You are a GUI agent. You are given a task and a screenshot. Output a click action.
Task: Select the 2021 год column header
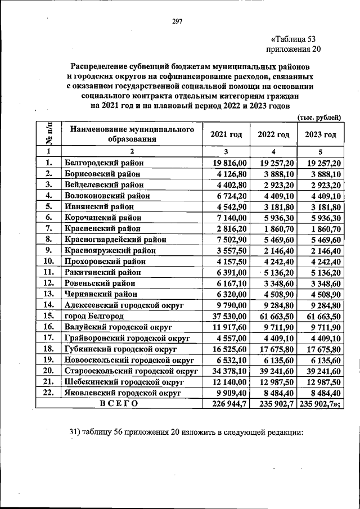(226, 134)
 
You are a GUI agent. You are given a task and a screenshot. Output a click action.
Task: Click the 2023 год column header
(320, 134)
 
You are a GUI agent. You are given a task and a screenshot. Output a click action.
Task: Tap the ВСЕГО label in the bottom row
(118, 403)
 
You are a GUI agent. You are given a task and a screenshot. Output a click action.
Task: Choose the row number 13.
(49, 294)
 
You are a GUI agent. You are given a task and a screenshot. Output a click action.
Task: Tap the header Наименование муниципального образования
(132, 134)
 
